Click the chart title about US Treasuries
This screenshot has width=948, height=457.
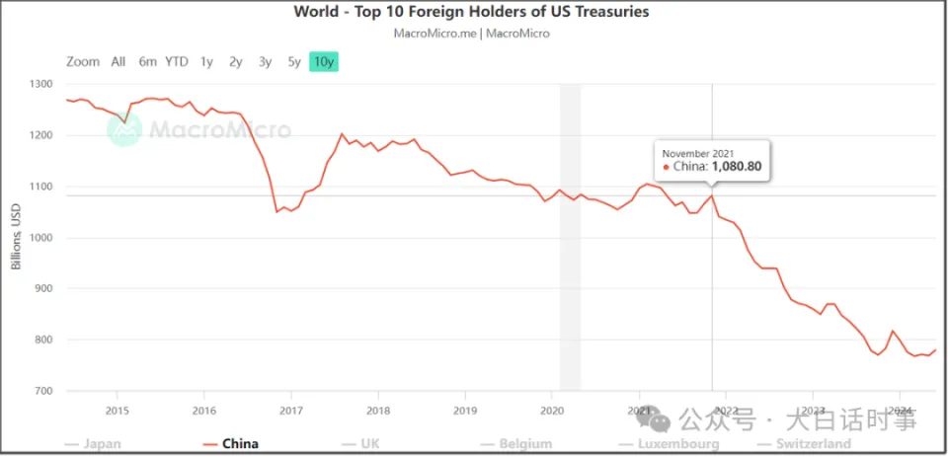click(x=471, y=12)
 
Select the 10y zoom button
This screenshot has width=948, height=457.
click(x=324, y=61)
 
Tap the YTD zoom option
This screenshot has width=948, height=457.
click(x=177, y=61)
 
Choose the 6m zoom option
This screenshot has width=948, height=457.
click(x=147, y=61)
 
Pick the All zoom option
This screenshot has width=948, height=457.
click(x=118, y=61)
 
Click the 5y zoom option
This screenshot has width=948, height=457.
click(x=294, y=61)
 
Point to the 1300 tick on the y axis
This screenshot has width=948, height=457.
click(x=43, y=84)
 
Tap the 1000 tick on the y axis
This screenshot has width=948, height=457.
click(x=43, y=238)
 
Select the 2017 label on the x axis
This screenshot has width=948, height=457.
click(x=290, y=410)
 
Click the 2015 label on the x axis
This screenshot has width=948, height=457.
click(x=117, y=410)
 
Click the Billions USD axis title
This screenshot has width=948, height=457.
click(x=17, y=238)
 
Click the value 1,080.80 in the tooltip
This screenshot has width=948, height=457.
click(x=735, y=168)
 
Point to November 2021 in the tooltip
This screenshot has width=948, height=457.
click(x=697, y=153)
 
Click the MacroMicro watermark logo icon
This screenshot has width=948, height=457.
click(x=124, y=129)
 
